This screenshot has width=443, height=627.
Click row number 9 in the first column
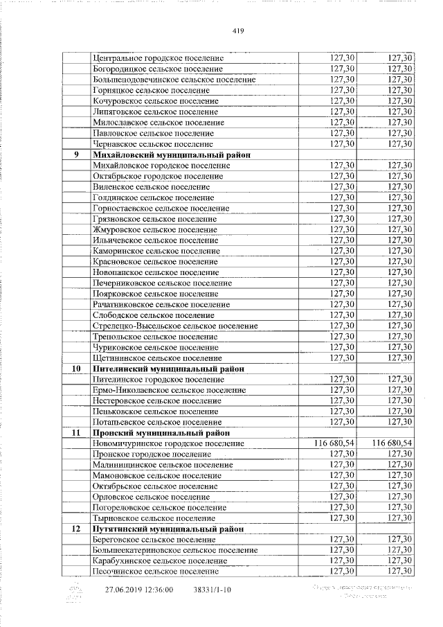pos(77,154)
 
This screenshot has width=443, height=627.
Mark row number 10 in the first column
pos(77,369)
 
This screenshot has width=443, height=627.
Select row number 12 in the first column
pos(77,529)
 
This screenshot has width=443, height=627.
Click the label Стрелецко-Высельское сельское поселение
pos(175,326)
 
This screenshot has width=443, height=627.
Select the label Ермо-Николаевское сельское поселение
pos(169,390)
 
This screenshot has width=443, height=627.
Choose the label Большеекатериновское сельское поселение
pos(175,550)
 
